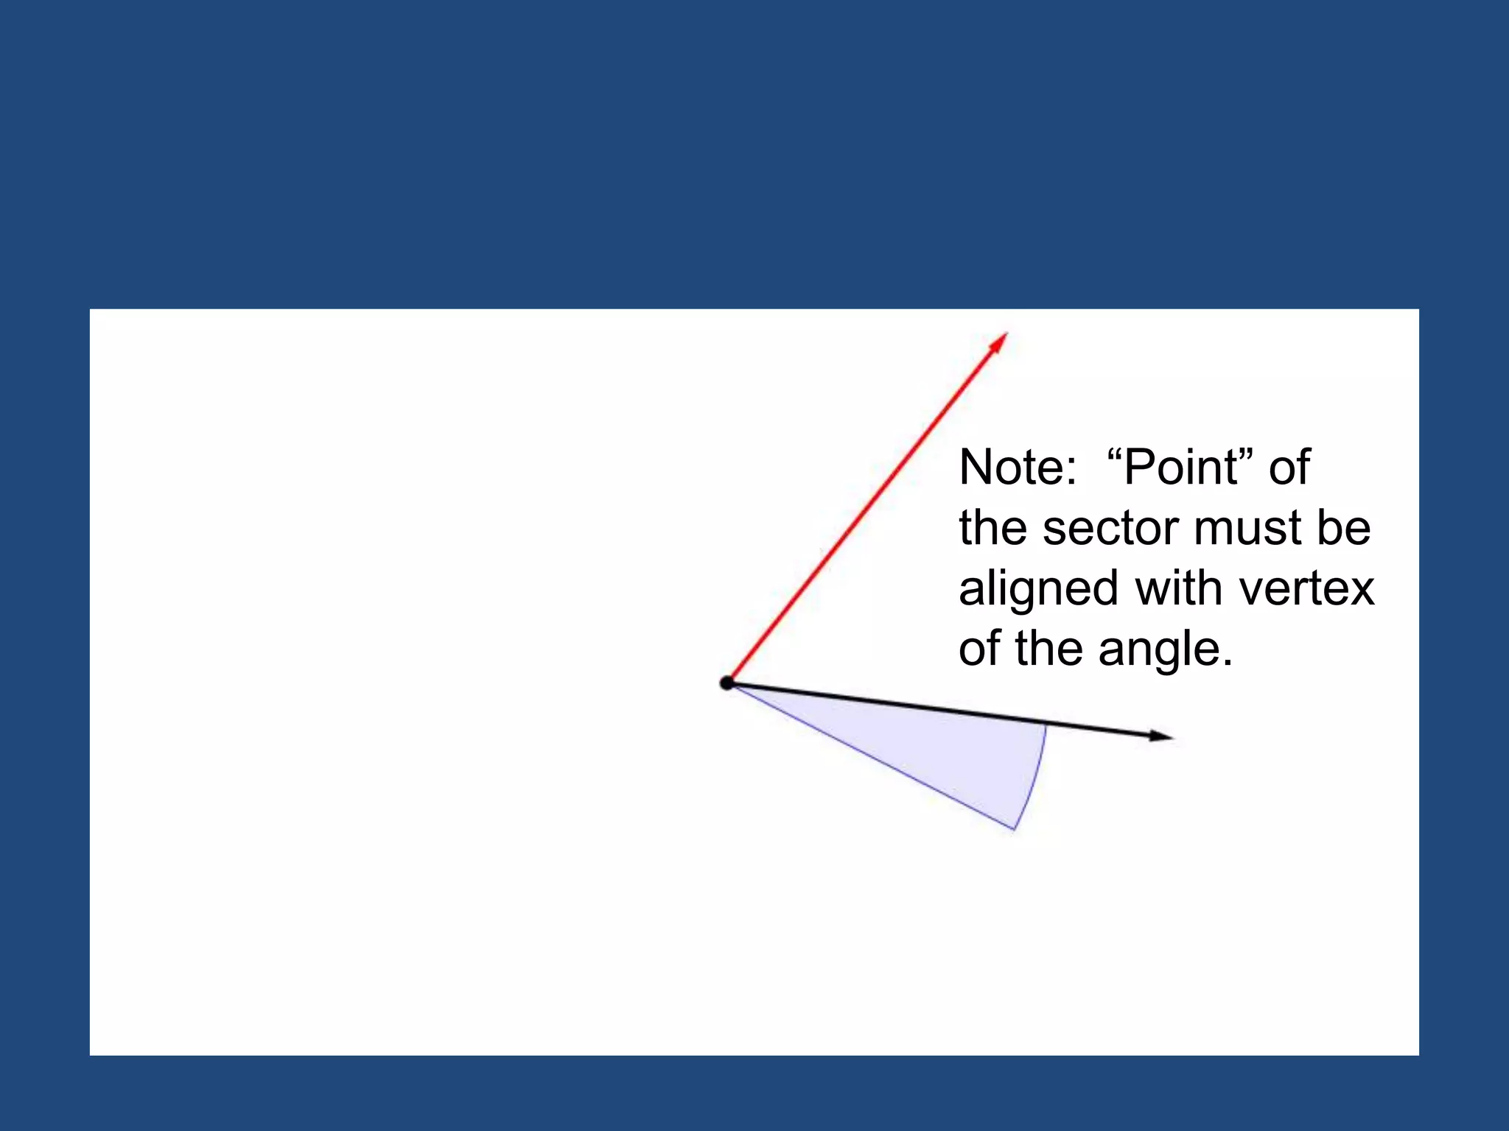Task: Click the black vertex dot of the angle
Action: pyautogui.click(x=727, y=683)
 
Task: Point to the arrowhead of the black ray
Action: pyautogui.click(x=1161, y=735)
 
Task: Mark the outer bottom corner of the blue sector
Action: pyautogui.click(x=1015, y=829)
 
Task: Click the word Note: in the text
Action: pyautogui.click(x=1018, y=468)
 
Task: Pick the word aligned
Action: pyautogui.click(x=1039, y=590)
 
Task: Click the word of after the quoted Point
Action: pyautogui.click(x=1289, y=468)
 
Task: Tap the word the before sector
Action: pyautogui.click(x=993, y=529)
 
